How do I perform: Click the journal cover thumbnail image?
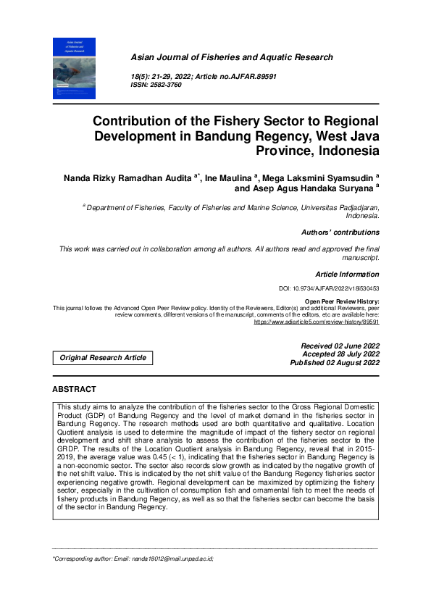pyautogui.click(x=75, y=68)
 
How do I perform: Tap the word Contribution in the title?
pyautogui.click(x=138, y=121)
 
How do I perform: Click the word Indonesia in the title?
pyautogui.click(x=343, y=151)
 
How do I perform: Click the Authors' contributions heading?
pyautogui.click(x=340, y=233)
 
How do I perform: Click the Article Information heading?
pyautogui.click(x=347, y=275)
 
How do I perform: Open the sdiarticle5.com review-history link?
pyautogui.click(x=317, y=321)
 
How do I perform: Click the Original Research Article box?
pyautogui.click(x=103, y=357)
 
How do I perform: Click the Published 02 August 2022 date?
pyautogui.click(x=335, y=363)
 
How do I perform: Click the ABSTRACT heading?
pyautogui.click(x=74, y=390)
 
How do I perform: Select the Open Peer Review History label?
pyautogui.click(x=342, y=301)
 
